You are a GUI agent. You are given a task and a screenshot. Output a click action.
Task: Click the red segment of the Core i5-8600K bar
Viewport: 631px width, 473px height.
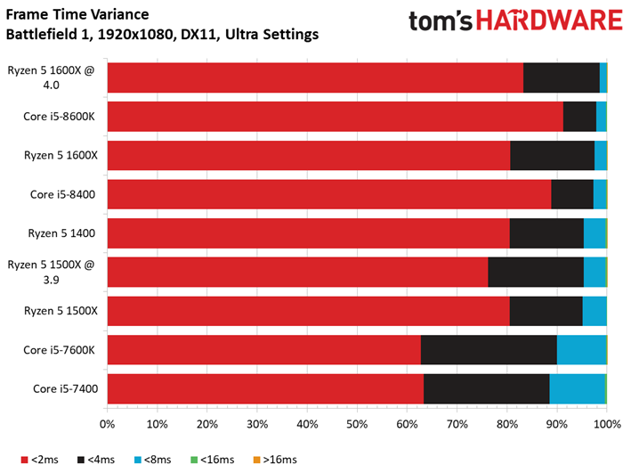[335, 116]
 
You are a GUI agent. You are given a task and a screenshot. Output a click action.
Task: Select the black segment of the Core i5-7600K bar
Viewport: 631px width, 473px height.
[489, 350]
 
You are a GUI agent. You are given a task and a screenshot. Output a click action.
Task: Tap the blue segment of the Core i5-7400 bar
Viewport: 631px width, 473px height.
[577, 389]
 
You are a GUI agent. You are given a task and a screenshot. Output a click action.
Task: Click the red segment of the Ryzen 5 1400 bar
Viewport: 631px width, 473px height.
[308, 233]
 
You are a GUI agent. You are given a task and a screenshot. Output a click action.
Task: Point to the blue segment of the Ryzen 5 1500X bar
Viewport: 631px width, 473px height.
[594, 311]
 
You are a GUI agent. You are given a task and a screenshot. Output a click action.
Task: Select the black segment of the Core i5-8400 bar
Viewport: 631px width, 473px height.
[572, 194]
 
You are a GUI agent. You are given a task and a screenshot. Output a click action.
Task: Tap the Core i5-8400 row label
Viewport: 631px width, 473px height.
[63, 194]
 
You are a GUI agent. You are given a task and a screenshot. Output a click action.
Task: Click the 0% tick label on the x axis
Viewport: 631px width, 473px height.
[108, 423]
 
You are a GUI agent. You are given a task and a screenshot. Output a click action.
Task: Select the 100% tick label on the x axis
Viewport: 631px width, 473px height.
[607, 423]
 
